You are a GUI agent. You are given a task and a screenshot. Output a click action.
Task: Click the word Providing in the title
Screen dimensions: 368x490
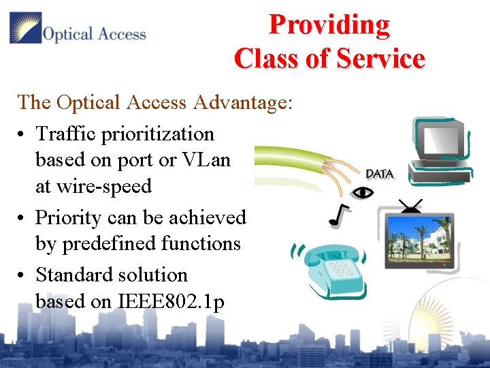(x=329, y=25)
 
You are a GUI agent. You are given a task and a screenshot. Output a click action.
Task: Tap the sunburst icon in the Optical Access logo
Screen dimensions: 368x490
(x=25, y=28)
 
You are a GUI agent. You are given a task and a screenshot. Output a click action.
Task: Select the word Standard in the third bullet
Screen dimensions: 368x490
(x=74, y=275)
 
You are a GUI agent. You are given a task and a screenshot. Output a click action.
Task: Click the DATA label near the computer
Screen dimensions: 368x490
(x=379, y=174)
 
